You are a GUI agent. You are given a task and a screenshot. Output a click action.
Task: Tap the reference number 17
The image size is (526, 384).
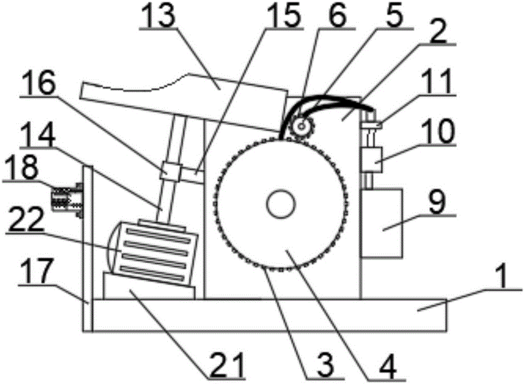point(36,272)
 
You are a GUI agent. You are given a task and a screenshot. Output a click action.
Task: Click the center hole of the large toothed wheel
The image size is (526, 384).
point(281,204)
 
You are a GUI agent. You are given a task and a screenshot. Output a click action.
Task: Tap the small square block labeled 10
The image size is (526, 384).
point(372,160)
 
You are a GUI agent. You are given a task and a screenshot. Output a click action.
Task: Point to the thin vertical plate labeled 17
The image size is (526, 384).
point(87,248)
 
